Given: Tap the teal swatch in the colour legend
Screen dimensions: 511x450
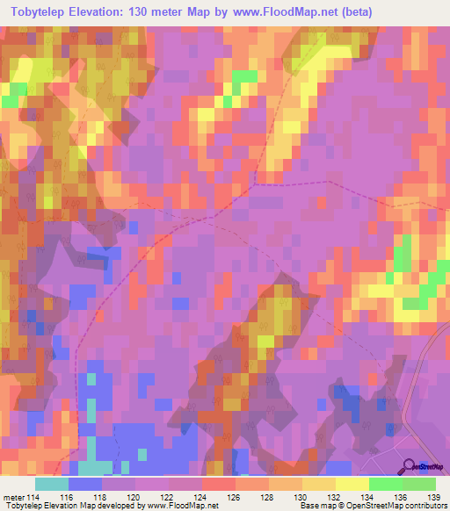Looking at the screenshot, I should click(52, 484).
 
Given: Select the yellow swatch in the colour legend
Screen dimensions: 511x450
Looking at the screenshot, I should click(352, 484).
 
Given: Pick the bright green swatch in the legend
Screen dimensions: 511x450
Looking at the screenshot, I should click(386, 484).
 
